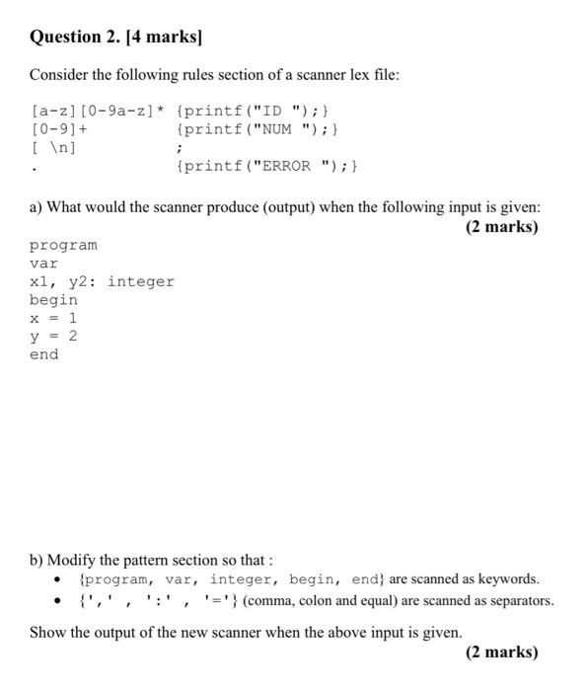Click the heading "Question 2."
coord(74,38)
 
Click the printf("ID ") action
coord(257,110)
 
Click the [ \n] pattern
coord(53,147)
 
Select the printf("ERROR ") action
coord(267,166)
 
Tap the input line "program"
coord(63,245)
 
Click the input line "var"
coord(43,264)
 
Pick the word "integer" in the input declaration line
coord(141,281)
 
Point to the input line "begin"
coord(53,300)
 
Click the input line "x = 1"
coord(53,318)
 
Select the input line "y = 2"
coord(53,337)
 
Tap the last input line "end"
coord(43,355)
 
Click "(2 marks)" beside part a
coord(501,227)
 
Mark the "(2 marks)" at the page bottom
coord(501,652)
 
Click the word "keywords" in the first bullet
coord(507,579)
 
